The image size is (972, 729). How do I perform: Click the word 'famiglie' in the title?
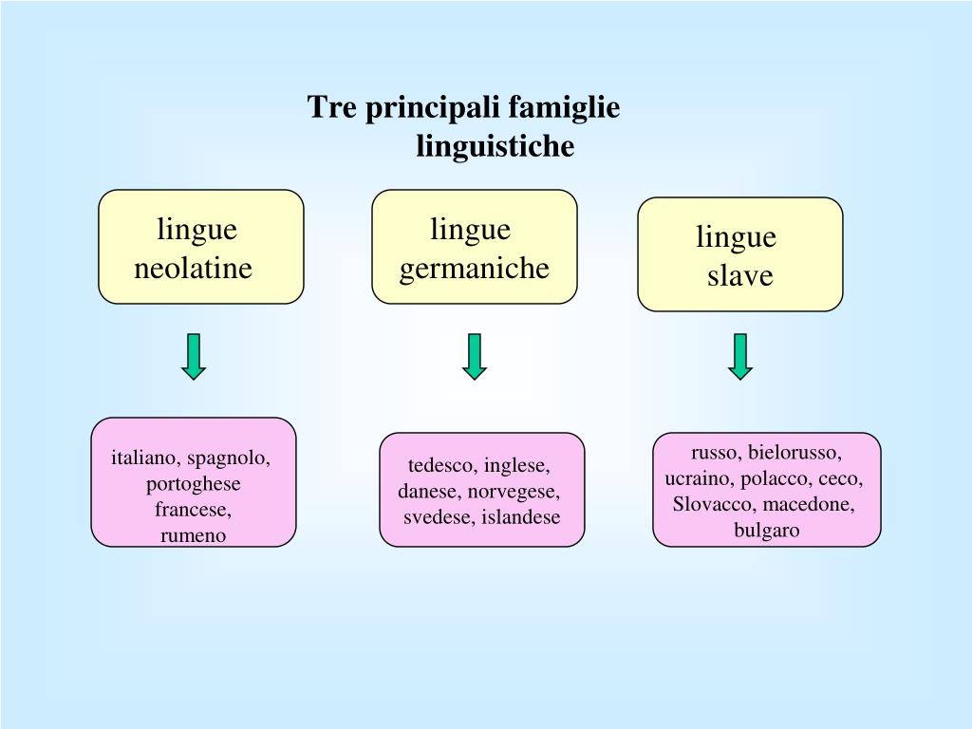point(564,108)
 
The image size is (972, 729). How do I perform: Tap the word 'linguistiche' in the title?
point(495,147)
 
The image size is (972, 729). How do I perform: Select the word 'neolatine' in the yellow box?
point(193,269)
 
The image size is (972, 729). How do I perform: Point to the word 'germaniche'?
point(474,269)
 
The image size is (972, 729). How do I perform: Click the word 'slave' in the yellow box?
point(739,276)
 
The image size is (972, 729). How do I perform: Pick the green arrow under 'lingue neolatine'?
point(194,357)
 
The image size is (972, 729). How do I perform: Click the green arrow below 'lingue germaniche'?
point(475,357)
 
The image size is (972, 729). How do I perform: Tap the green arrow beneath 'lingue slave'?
point(740,357)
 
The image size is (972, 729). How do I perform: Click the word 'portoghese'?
point(194,484)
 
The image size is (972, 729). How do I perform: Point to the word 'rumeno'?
point(194,535)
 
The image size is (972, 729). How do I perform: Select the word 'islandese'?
point(520,517)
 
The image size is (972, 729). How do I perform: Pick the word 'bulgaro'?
point(767,530)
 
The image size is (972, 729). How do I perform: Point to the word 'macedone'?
point(809,504)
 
